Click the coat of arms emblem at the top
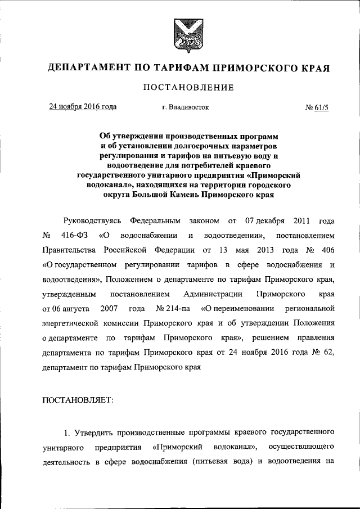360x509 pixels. click(180, 34)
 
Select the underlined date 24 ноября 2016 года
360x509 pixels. click(83, 106)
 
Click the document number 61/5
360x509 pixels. click(320, 107)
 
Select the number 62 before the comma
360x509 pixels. click(327, 354)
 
